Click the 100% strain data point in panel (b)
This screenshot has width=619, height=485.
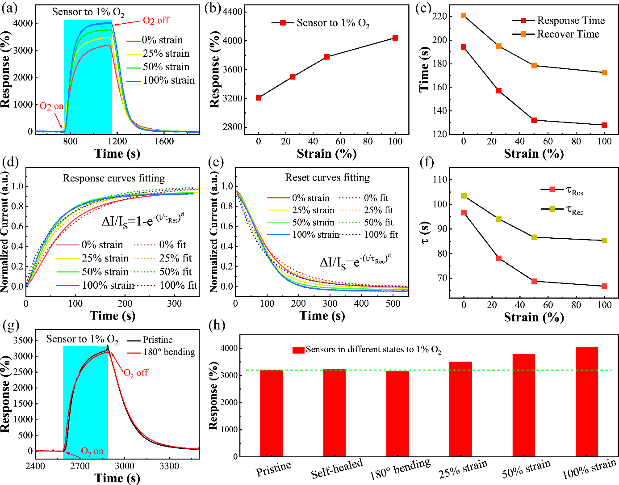[395, 38]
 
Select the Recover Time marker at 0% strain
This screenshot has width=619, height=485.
[464, 16]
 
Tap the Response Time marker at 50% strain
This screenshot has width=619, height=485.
[534, 120]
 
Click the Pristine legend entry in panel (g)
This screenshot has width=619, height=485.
[158, 340]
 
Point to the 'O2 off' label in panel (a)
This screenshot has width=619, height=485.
[156, 21]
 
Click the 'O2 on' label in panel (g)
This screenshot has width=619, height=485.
[92, 451]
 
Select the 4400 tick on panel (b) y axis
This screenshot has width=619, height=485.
[233, 12]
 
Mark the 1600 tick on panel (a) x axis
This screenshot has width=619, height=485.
[164, 141]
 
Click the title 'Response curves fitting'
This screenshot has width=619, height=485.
[114, 178]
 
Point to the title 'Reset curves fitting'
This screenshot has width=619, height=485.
[327, 178]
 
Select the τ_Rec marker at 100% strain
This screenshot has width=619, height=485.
[604, 240]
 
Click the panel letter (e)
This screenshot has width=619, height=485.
[216, 162]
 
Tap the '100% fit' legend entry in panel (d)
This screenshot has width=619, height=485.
[178, 285]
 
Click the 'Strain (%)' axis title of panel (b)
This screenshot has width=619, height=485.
[326, 154]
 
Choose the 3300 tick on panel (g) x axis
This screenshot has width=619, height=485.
[169, 466]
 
